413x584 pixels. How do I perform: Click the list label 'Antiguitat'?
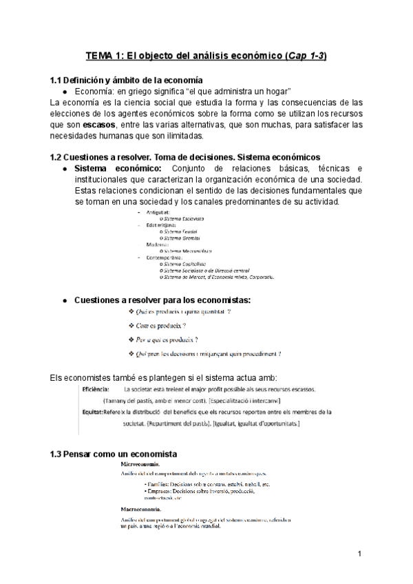pyautogui.click(x=159, y=213)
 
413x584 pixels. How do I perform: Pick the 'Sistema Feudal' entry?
pyautogui.click(x=182, y=232)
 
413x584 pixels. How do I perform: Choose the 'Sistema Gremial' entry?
pyautogui.click(x=184, y=238)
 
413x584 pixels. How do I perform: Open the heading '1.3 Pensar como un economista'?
pyautogui.click(x=114, y=454)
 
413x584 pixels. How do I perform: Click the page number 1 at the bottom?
pyautogui.click(x=360, y=554)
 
